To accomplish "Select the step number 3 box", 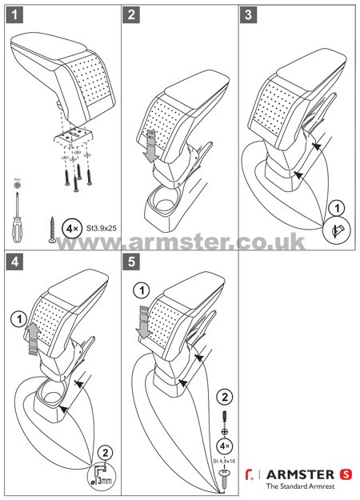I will [x=250, y=14].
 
